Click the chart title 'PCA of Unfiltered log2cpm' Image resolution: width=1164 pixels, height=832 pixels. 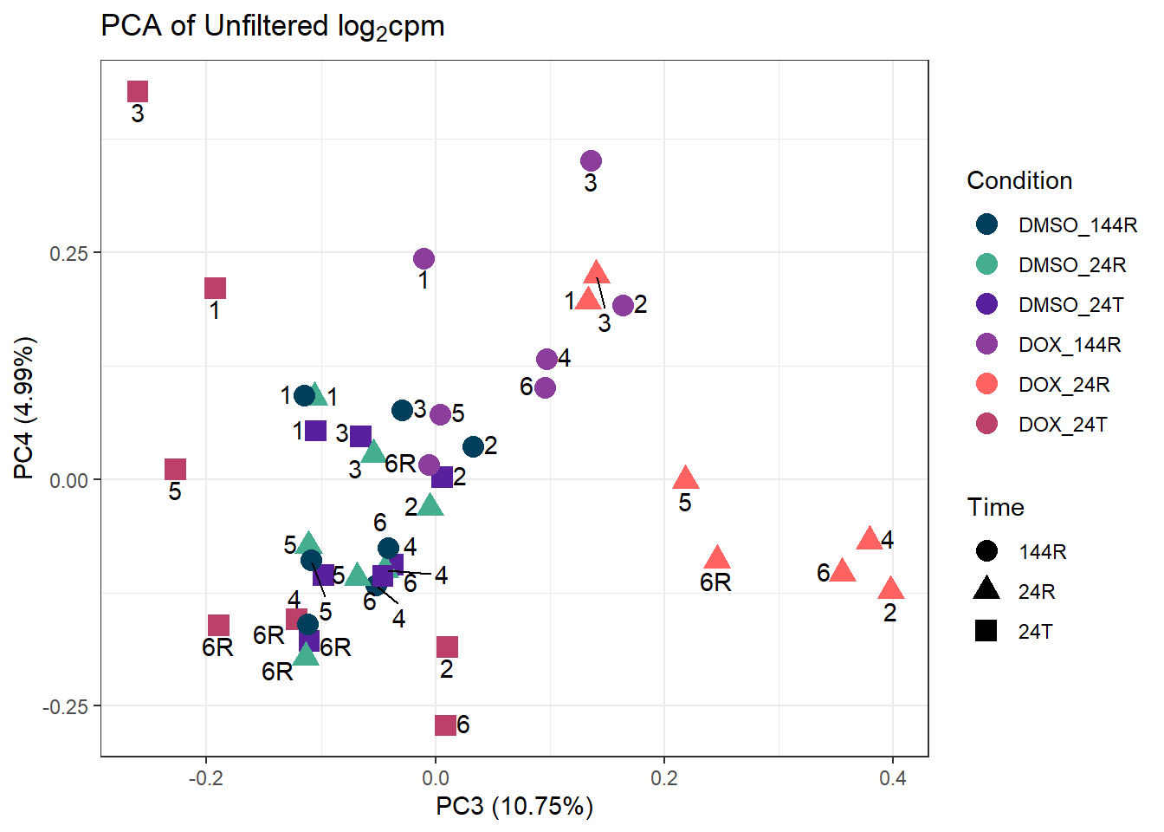coord(273,27)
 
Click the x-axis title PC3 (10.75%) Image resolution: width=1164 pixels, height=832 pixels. coord(514,806)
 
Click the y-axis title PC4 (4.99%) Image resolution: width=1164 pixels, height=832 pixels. coord(24,407)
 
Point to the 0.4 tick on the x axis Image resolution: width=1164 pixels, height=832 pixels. coord(893,778)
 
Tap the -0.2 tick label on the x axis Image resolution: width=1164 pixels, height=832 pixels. coord(205,778)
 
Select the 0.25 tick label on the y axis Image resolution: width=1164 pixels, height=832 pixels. coord(68,253)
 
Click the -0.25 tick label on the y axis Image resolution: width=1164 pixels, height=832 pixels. coord(66,706)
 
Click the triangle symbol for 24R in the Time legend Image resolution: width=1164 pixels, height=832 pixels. coord(986,590)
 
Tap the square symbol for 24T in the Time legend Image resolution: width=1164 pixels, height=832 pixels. coord(986,631)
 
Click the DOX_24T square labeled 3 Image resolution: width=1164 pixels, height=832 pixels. coord(138,91)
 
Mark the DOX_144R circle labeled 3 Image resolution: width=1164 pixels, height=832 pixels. coord(591,160)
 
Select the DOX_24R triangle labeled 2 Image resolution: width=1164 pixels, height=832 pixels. coord(890,589)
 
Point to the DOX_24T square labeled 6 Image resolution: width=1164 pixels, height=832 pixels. coord(445,725)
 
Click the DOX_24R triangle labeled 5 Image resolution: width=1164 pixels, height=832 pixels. coord(685,478)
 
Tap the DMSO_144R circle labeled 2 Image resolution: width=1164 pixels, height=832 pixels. coord(473,446)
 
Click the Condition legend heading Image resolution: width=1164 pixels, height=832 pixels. coord(1019,180)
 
